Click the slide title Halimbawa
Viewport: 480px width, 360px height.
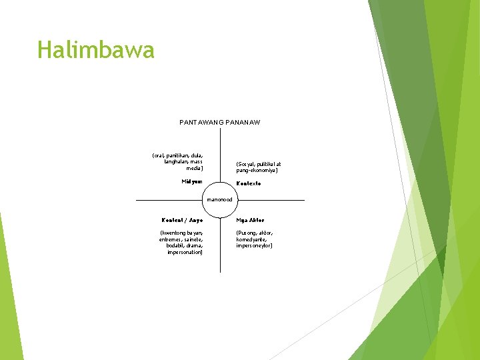pyautogui.click(x=96, y=50)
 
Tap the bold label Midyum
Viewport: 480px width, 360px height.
pyautogui.click(x=192, y=181)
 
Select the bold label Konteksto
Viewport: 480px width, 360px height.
pyautogui.click(x=249, y=183)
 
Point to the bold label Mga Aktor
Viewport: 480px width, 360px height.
pyautogui.click(x=250, y=220)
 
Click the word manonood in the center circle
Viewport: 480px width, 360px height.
pyautogui.click(x=220, y=199)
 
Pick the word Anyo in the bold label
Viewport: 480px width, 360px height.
pyautogui.click(x=195, y=220)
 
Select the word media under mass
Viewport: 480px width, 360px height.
pyautogui.click(x=195, y=168)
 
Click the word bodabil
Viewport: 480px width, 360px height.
pyautogui.click(x=177, y=246)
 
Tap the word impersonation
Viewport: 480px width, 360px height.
pyautogui.click(x=185, y=253)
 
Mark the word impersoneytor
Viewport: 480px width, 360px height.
pyautogui.click(x=254, y=246)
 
